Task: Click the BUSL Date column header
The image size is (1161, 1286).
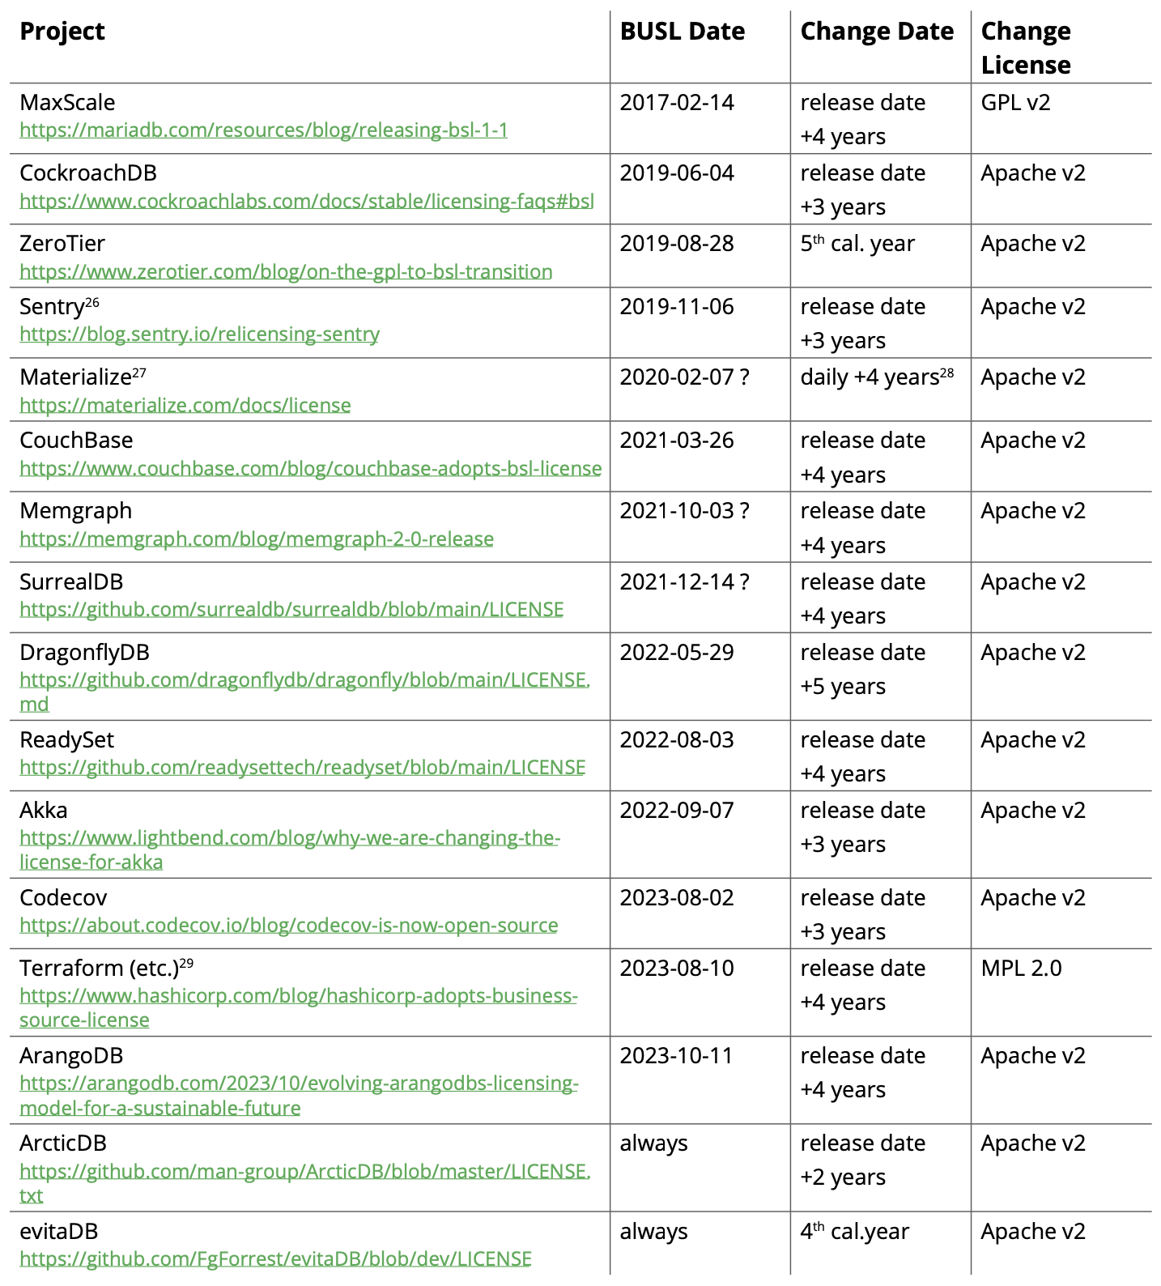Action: (682, 32)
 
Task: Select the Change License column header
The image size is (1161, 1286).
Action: (1025, 48)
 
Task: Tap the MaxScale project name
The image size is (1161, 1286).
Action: (67, 103)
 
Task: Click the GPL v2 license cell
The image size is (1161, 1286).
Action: (1015, 103)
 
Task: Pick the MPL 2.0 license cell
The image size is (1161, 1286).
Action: (1021, 969)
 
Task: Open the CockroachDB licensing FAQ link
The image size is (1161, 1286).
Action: (306, 201)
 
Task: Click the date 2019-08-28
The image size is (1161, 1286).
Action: (677, 244)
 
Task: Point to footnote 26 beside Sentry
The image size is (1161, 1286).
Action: (92, 302)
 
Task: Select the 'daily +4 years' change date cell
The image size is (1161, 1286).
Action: (876, 377)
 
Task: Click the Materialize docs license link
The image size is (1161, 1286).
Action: (185, 405)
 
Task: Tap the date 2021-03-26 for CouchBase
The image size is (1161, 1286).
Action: (677, 441)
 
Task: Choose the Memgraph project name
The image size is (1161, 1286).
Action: (75, 511)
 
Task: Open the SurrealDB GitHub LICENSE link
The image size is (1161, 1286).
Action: (291, 609)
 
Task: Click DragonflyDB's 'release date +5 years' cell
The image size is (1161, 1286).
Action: (862, 670)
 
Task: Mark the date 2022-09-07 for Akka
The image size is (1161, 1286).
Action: (677, 811)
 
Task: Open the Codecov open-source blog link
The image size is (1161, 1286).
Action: (288, 925)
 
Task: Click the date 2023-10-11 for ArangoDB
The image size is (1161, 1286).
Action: (677, 1056)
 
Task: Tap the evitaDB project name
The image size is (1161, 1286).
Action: (58, 1232)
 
